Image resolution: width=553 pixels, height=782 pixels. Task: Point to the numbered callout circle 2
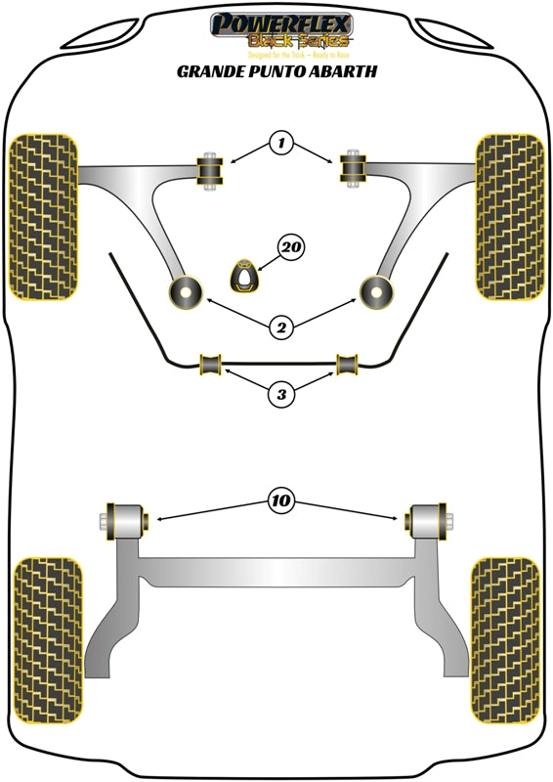[x=281, y=328]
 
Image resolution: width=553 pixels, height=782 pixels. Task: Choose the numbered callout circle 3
[x=281, y=395]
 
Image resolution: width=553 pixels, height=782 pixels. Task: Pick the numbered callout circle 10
[x=281, y=501]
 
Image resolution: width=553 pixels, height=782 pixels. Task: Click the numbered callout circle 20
[x=289, y=250]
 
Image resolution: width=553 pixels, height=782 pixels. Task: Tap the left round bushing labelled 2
[x=185, y=290]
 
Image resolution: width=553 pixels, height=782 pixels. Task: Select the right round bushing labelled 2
[x=376, y=290]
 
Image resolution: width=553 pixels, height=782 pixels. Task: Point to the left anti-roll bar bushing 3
[x=210, y=364]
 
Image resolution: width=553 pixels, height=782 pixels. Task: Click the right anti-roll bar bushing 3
[x=347, y=364]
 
